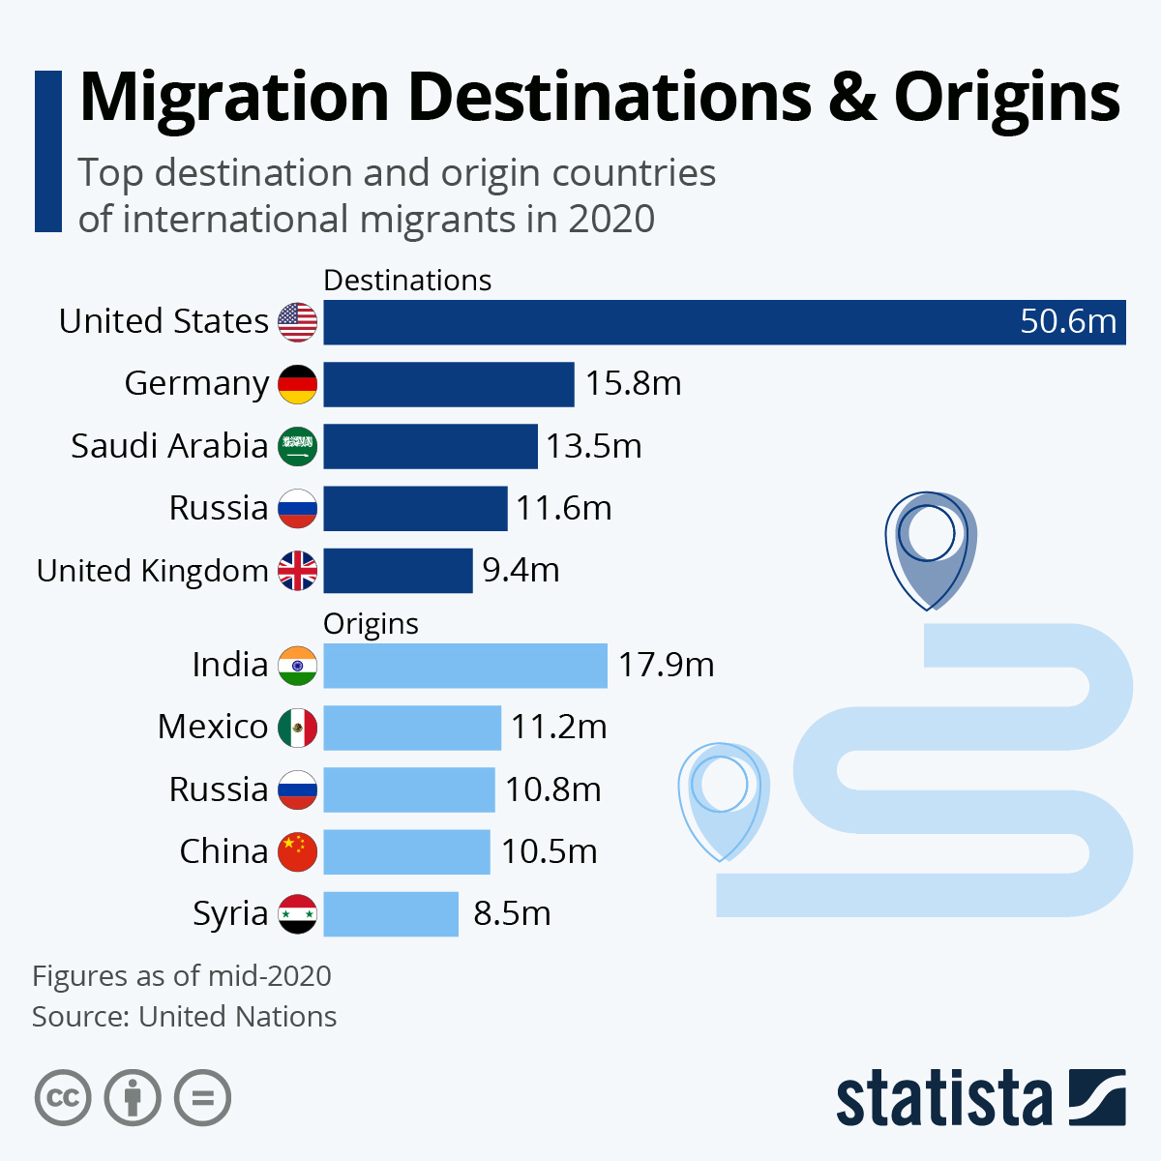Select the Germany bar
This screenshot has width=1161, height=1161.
[x=448, y=384]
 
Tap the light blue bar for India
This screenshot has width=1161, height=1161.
[x=464, y=666]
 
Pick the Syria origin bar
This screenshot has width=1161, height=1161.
[x=390, y=914]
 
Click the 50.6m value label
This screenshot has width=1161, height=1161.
[x=1067, y=321]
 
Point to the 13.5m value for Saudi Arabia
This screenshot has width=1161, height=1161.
[x=593, y=446]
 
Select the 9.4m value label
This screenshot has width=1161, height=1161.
[x=521, y=571]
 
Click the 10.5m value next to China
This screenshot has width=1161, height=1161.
[x=549, y=852]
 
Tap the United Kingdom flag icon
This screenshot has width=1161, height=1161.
[x=297, y=571]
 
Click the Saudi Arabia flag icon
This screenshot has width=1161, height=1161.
[x=297, y=446]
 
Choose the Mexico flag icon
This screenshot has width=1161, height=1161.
[x=297, y=728]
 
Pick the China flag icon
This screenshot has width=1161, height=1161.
[x=297, y=852]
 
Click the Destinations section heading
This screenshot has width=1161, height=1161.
[x=407, y=281]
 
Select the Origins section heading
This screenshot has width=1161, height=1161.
[x=371, y=624]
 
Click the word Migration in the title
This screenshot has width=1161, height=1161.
[x=234, y=97]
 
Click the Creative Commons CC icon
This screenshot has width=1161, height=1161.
[x=63, y=1098]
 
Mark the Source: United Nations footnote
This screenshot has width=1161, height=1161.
[x=184, y=1017]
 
